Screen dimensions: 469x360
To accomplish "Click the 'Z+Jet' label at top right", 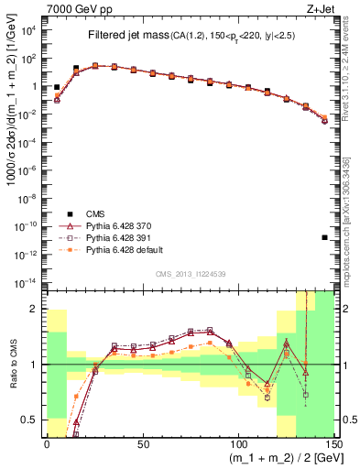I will point(323,8).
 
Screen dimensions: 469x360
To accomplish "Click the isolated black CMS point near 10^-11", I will point(325,238).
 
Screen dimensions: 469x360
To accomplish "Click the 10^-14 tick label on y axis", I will point(27,282).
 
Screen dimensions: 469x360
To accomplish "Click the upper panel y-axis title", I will point(11,151).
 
